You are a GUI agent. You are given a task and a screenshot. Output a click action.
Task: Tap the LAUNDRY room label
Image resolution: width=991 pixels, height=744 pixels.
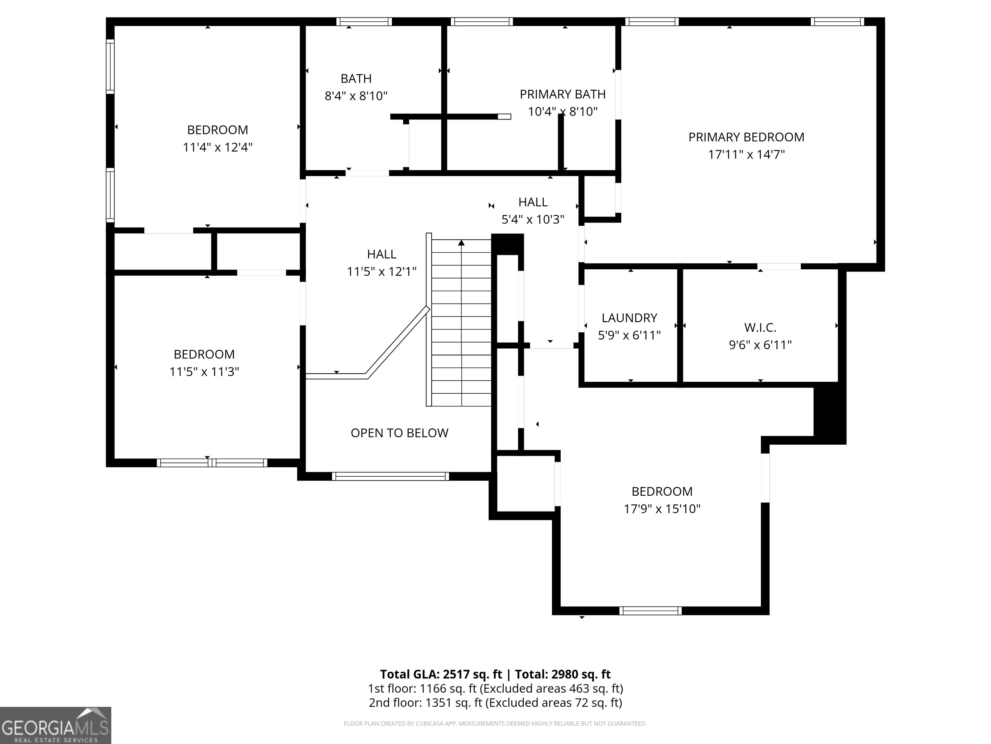pos(629,318)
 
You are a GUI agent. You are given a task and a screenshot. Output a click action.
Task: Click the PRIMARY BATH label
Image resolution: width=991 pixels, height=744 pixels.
pos(562,94)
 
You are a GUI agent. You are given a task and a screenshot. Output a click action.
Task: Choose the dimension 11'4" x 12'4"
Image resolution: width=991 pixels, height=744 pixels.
pos(217,147)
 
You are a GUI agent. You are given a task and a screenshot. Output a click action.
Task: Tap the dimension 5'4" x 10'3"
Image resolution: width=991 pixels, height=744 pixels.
pos(533,219)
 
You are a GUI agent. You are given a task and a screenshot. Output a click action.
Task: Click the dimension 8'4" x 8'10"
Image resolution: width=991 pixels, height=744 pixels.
pos(356,96)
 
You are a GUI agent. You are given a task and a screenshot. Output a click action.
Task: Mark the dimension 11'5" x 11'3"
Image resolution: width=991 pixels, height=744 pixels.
pos(204,372)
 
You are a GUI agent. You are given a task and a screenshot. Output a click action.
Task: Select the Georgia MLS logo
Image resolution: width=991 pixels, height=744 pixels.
pos(55,725)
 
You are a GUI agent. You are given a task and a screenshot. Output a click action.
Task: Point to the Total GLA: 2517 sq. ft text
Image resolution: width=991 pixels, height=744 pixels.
pos(441,674)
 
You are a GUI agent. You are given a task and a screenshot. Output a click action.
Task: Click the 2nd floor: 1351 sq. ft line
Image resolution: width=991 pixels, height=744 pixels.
pos(495,703)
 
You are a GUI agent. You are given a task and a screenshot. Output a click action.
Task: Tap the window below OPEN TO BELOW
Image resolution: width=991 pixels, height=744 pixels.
pos(390,476)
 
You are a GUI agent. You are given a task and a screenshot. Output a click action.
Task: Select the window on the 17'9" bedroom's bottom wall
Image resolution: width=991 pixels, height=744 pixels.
pos(651,610)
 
